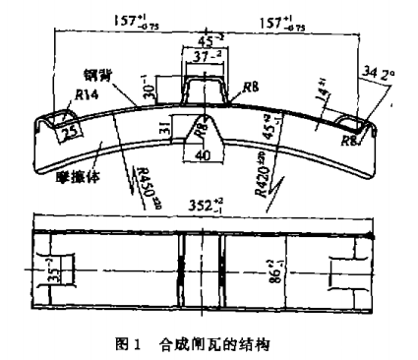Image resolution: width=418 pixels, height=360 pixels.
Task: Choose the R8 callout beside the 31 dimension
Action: click(x=200, y=128)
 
